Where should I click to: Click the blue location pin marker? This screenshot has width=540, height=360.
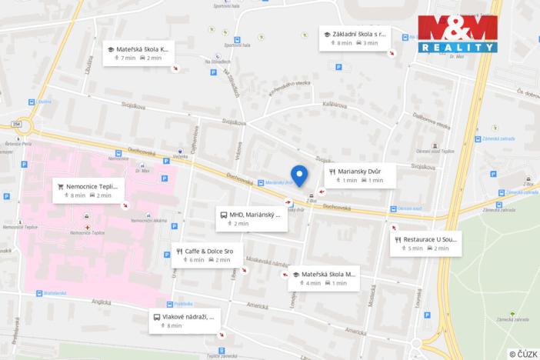[299, 175]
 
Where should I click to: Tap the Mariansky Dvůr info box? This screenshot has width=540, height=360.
[360, 176]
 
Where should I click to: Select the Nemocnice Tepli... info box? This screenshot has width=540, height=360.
[88, 190]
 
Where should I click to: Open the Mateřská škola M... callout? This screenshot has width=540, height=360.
[324, 278]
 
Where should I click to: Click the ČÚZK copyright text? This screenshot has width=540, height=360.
[522, 353]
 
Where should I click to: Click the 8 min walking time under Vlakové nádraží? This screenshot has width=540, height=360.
[174, 326]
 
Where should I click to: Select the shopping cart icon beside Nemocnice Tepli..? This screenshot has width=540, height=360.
[60, 185]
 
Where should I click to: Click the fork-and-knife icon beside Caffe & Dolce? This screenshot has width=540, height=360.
[178, 251]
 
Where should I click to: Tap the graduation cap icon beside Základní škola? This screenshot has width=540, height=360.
[326, 35]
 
